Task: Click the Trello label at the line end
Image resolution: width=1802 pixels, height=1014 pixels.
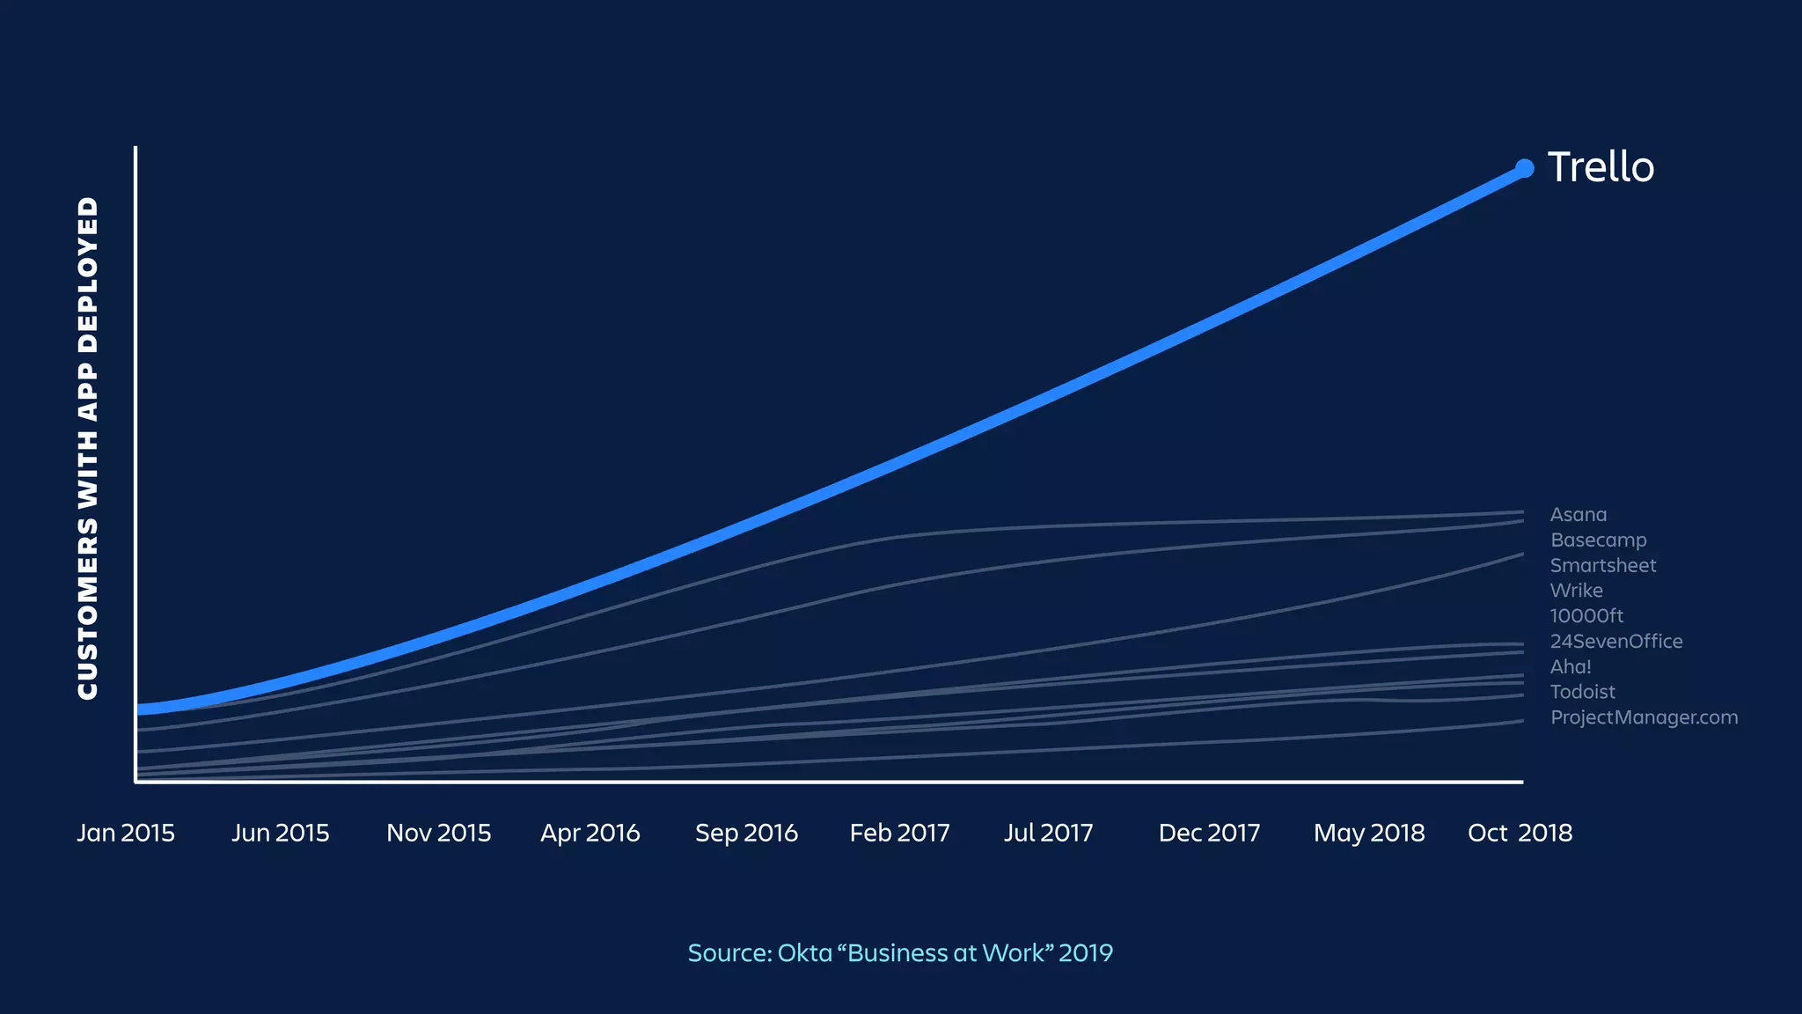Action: coord(1601,167)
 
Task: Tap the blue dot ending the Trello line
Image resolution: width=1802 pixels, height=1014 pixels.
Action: coord(1525,168)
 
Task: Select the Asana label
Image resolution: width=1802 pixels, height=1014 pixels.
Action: coord(1579,515)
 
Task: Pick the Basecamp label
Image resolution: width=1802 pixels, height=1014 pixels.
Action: coord(1598,540)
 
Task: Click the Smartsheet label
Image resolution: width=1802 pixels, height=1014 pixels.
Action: coord(1603,566)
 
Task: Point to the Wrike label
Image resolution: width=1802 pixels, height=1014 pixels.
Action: coord(1576,591)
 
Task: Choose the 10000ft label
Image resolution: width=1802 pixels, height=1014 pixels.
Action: coord(1586,616)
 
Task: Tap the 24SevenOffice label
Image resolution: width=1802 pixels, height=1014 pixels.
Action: coord(1616,642)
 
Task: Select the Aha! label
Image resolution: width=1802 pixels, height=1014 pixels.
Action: coord(1571,667)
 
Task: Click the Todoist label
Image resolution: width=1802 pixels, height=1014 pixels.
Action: coord(1582,693)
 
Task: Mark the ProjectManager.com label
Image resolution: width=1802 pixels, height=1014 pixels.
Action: coord(1644,717)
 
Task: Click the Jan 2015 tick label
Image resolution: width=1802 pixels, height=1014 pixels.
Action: coord(126,833)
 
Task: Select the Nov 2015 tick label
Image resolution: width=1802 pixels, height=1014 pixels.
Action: coord(438,833)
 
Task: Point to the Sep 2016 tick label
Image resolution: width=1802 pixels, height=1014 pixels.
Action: coord(746,833)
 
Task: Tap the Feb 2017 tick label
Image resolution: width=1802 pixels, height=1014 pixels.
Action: coord(899,833)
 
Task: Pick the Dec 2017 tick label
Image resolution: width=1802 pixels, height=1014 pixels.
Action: coord(1209,833)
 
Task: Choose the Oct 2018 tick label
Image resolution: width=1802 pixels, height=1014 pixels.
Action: coord(1520,833)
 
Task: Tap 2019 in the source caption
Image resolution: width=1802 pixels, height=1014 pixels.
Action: coord(1086,953)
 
